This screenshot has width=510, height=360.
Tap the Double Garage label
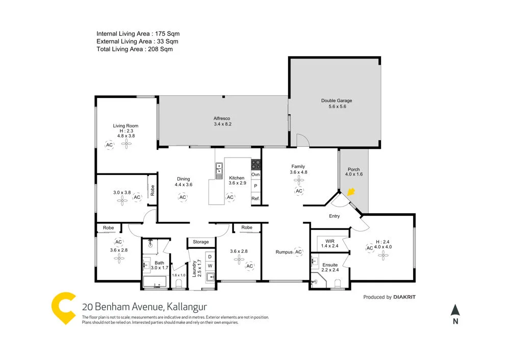pos(337,104)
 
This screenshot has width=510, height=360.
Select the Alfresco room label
pos(222,121)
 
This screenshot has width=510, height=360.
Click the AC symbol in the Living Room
pos(109,145)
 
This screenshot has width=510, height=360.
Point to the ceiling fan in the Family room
pos(298,179)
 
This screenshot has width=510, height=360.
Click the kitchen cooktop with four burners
pos(256,164)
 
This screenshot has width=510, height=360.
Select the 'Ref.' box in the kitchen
pos(256,198)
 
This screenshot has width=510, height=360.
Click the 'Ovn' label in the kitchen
pos(256,175)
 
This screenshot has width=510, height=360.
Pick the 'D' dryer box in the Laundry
pos(210,256)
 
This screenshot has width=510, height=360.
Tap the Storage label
pos(201,242)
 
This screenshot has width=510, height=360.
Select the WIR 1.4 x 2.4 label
pos(329,243)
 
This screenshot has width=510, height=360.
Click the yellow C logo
pos(65,308)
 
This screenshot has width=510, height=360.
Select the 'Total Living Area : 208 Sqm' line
pos(135,49)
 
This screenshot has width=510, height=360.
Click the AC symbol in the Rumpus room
pos(298,251)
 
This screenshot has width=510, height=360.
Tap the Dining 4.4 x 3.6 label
pos(183,182)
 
